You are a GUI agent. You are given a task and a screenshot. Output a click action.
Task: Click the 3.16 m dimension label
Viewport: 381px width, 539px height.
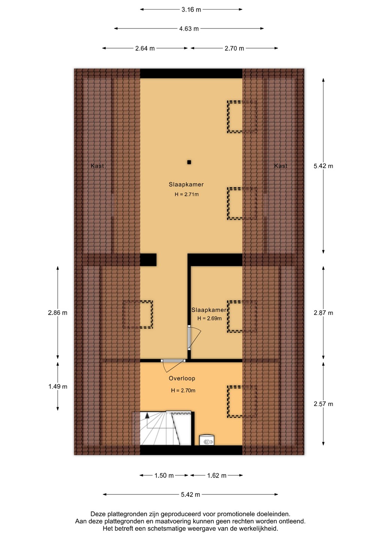[x=191, y=10]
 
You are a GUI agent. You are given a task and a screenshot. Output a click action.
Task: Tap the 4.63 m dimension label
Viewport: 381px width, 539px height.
[x=189, y=29]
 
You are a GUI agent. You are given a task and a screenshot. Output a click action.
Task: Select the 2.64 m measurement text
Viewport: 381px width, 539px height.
[x=145, y=48]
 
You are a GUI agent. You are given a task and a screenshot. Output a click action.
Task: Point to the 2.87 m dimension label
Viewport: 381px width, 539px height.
[x=323, y=313]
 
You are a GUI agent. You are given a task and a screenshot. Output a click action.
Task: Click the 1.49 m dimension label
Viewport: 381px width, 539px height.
[x=58, y=386]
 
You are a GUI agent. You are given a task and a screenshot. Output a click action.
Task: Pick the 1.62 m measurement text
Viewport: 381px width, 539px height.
[x=217, y=475]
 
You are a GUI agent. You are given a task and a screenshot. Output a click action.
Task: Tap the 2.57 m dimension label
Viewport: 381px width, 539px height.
[x=323, y=404]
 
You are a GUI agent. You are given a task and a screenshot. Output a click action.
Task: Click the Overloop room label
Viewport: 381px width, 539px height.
[x=182, y=378]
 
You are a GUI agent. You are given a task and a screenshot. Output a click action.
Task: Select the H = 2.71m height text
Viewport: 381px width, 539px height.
[x=187, y=194]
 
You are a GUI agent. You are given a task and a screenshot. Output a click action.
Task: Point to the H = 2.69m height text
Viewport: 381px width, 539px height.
[x=210, y=318]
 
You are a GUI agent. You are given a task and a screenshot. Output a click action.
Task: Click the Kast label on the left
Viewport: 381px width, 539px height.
[x=97, y=166]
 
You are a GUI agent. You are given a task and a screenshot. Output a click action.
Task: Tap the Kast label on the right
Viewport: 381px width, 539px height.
[x=281, y=166]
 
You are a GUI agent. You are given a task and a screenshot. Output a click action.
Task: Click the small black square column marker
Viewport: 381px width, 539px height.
[x=189, y=162]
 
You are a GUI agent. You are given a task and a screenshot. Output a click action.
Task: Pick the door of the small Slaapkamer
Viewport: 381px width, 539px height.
[x=195, y=337]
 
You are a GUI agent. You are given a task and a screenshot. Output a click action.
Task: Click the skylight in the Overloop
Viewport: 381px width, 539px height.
[x=242, y=401]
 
